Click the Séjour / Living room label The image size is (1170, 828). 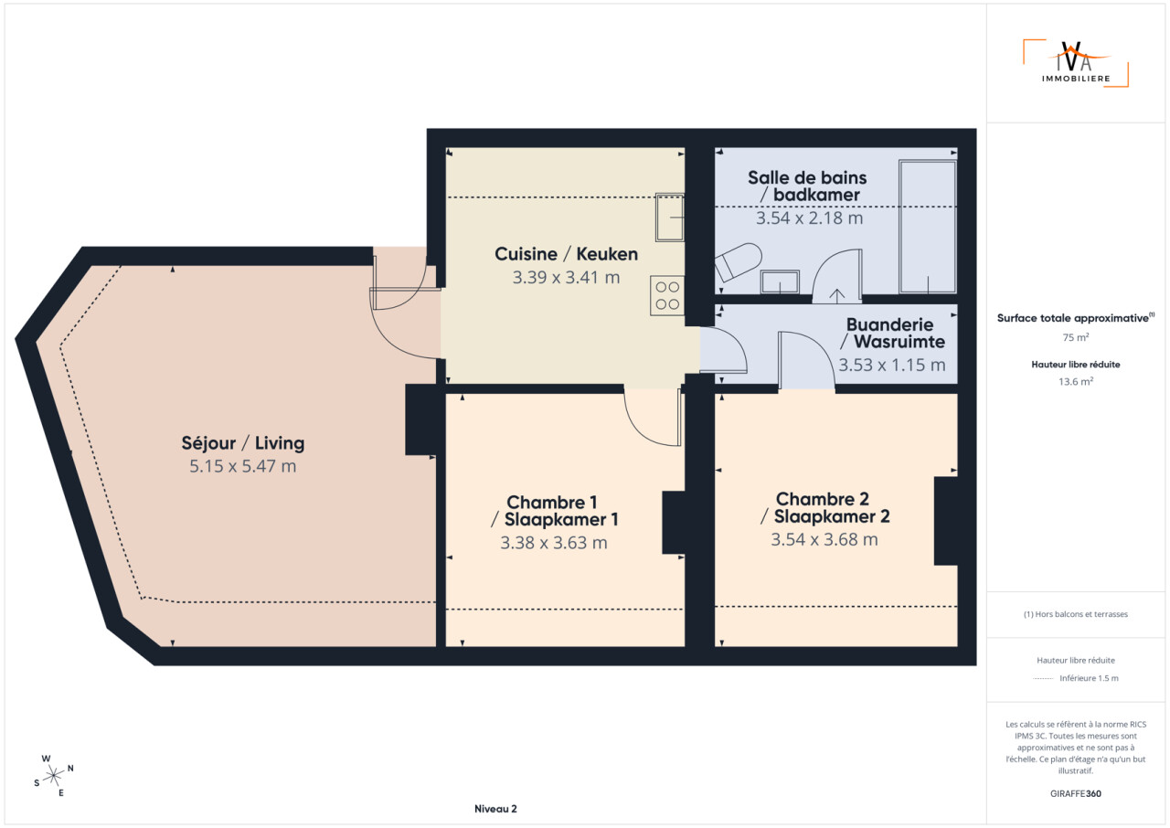point(243,443)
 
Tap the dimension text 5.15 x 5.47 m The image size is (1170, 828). point(243,466)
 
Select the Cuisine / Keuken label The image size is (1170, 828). point(566,254)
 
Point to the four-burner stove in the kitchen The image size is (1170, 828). point(667,295)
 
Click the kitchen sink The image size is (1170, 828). point(670,218)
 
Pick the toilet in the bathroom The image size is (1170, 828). point(738,261)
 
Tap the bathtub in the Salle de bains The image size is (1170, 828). point(928,227)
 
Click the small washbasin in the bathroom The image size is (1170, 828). point(780,281)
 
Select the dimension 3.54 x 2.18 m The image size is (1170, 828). point(810,218)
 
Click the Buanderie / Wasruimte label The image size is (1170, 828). point(892,333)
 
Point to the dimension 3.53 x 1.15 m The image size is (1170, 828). point(892,365)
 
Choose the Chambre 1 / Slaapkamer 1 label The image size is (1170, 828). point(554,511)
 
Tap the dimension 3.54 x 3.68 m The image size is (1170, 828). point(824,539)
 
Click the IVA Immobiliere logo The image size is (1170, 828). point(1076,63)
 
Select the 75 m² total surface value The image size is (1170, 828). point(1076,337)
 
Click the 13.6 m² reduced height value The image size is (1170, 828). point(1076,382)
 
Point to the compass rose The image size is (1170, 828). point(53,776)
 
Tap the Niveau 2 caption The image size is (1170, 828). point(495,809)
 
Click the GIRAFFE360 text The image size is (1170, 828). point(1076,793)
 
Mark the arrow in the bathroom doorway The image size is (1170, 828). point(836,296)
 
